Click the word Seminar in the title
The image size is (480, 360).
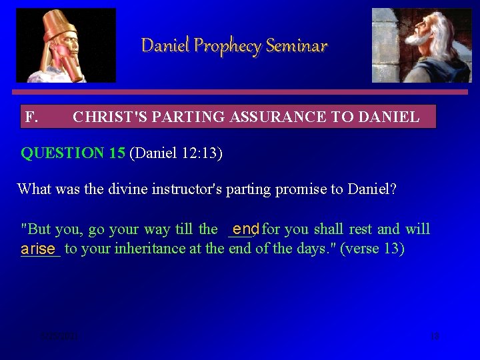click(297, 46)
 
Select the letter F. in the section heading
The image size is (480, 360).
click(31, 118)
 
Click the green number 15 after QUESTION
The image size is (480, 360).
click(117, 153)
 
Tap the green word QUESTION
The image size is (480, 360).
click(63, 153)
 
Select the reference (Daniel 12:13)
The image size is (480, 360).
click(176, 153)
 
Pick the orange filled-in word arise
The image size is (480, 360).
click(38, 249)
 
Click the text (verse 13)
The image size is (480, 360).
click(372, 249)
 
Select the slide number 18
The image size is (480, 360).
click(435, 336)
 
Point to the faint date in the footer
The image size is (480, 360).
click(59, 337)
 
